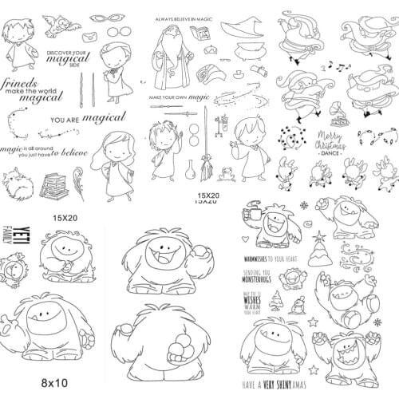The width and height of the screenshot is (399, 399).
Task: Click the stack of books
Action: click(x=53, y=185)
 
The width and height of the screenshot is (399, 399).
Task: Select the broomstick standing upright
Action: click(x=207, y=172)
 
